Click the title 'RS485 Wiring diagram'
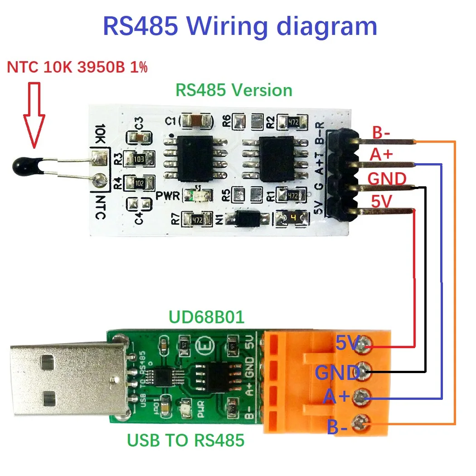click(x=240, y=26)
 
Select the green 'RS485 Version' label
click(x=233, y=90)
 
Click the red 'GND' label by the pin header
click(x=387, y=179)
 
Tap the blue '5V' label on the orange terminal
click(x=348, y=343)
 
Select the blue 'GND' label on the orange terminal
click(x=337, y=373)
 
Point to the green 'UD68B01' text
click(x=206, y=317)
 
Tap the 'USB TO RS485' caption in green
click(x=185, y=440)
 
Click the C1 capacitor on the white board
click(x=196, y=121)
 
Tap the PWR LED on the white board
click(x=199, y=195)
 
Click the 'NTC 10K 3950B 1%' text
click(x=77, y=68)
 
